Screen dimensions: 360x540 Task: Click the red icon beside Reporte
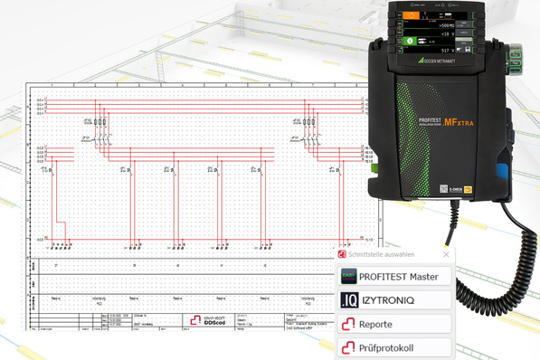coord(348,323)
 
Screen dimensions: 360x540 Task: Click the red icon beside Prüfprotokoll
coord(348,346)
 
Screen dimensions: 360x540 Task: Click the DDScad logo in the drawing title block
coord(198,319)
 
